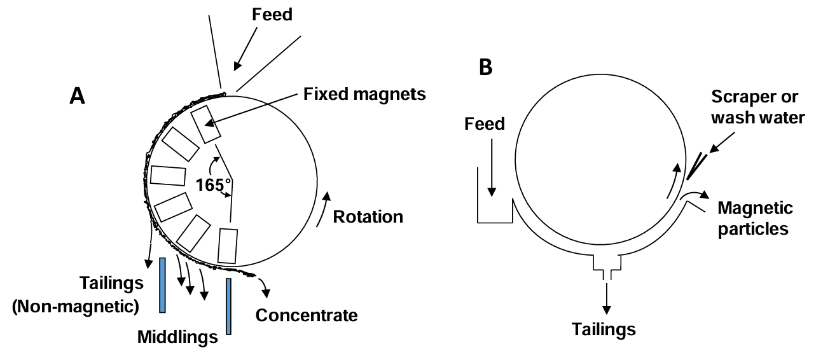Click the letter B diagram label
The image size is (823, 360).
[485, 67]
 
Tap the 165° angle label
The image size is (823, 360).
[214, 185]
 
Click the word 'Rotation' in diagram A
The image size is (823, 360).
[369, 216]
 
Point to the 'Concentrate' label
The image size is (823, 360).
[307, 315]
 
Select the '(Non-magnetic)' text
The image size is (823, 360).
[75, 306]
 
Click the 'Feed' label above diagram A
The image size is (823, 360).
[272, 13]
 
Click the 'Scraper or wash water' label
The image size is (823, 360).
[754, 107]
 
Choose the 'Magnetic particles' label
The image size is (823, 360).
[755, 218]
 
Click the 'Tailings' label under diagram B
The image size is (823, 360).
[604, 329]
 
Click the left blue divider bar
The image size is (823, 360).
[163, 285]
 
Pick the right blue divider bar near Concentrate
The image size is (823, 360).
[228, 306]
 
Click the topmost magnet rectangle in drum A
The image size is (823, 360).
[207, 125]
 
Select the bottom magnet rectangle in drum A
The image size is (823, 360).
[227, 246]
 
